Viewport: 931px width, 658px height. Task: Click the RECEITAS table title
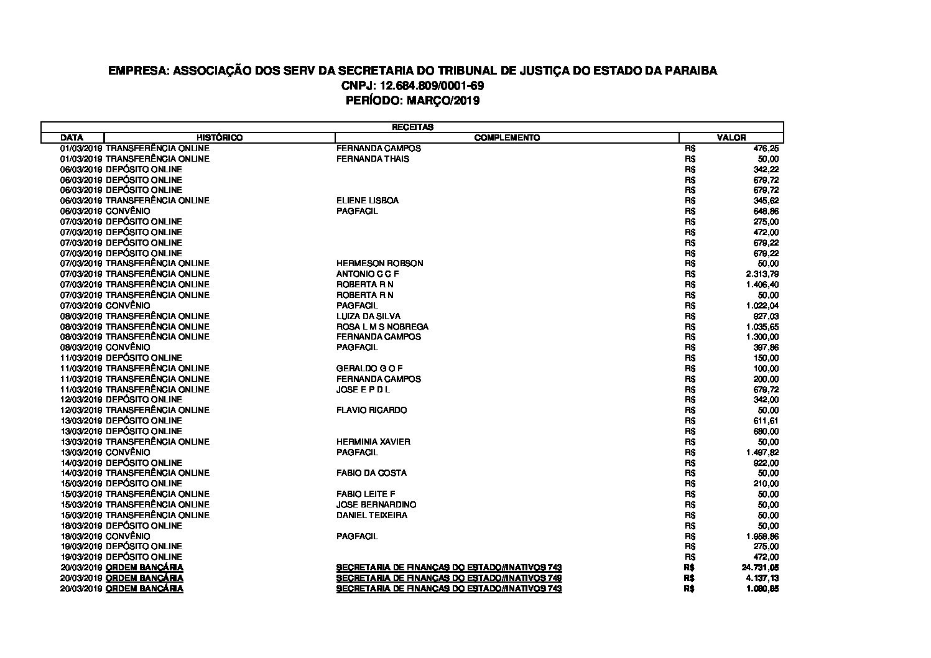click(x=412, y=127)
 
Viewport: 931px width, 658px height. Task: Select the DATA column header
click(x=72, y=137)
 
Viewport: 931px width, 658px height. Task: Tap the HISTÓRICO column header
click(x=220, y=137)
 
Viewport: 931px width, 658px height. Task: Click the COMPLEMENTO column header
click(x=507, y=137)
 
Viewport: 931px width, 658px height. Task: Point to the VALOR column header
click(x=731, y=137)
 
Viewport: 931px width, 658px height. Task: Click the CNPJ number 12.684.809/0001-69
click(x=432, y=85)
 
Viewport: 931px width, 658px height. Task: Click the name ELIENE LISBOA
click(x=368, y=200)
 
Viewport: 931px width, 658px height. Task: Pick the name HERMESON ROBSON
click(x=379, y=263)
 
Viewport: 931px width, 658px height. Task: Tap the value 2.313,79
click(x=762, y=274)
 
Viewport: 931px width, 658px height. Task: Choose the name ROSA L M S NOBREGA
click(x=382, y=327)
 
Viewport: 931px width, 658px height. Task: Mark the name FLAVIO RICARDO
click(x=372, y=410)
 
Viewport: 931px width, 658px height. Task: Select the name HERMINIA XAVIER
click(x=373, y=442)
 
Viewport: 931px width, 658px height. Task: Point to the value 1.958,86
click(x=762, y=536)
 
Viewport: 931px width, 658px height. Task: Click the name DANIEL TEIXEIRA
click(x=372, y=515)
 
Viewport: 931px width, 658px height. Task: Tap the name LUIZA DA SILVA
click(x=368, y=316)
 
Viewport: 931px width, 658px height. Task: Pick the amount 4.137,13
click(x=762, y=578)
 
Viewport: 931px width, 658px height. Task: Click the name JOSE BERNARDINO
click(x=376, y=504)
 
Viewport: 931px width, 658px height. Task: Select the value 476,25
click(x=766, y=148)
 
